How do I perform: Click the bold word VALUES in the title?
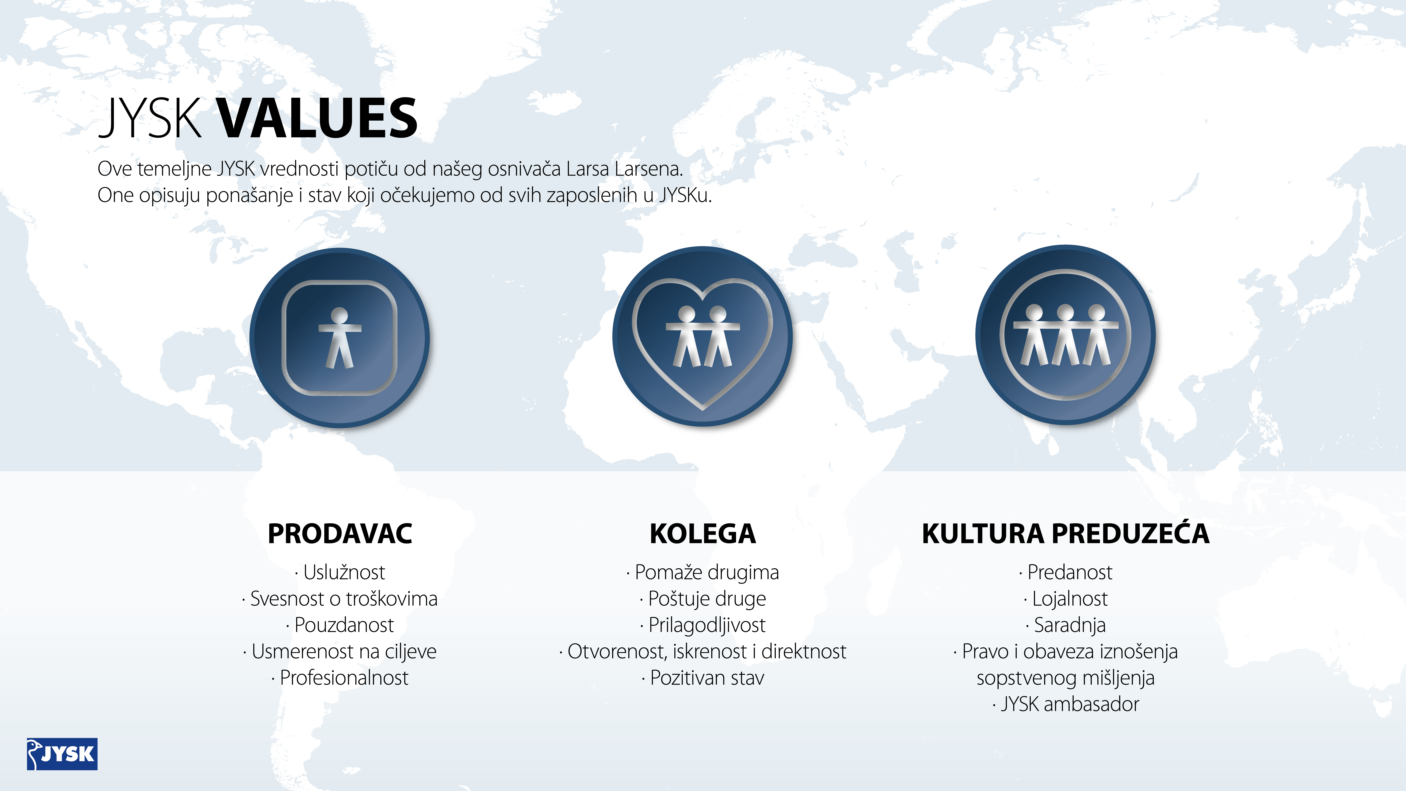coord(318,118)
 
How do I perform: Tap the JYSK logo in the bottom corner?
coord(62,754)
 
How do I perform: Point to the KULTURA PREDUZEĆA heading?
coord(1065,533)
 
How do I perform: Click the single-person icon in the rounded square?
coord(340,337)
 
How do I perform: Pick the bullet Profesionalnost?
coord(340,677)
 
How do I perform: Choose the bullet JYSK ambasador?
coord(1065,704)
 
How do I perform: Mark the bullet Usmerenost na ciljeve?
coord(340,651)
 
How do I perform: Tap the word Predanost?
coord(1070,572)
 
